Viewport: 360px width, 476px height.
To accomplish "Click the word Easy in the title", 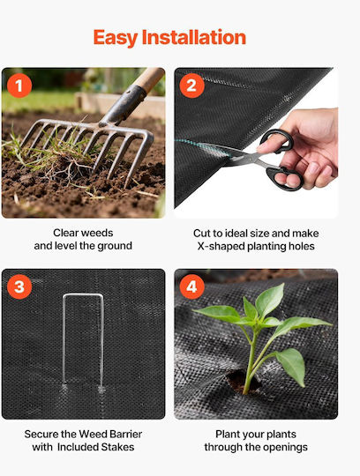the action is [116, 38].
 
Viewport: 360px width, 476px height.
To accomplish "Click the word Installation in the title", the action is [194, 37].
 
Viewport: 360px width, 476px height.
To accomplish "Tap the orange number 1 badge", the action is [19, 86].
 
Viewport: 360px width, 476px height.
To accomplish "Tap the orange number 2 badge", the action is [192, 86].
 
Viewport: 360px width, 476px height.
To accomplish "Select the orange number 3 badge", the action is [19, 286].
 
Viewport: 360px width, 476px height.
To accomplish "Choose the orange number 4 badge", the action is [192, 286].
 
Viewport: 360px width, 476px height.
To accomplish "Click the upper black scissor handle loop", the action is [276, 140].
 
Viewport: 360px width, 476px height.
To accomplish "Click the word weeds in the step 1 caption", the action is [97, 233].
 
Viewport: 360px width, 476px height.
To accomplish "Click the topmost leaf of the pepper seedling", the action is [270, 300].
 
